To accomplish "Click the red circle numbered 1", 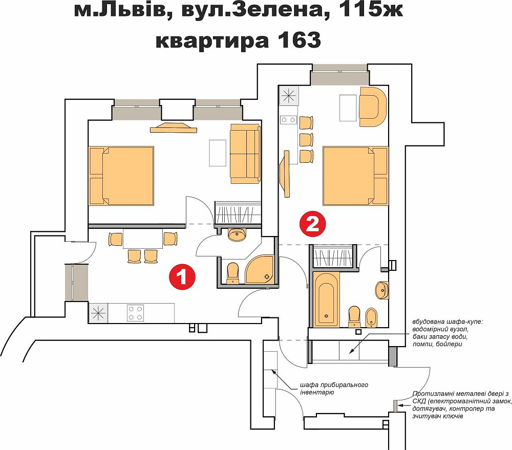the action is [x=182, y=277].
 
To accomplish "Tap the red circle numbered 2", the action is [x=312, y=224].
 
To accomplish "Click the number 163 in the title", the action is [x=300, y=40].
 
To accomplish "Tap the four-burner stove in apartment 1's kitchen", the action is [x=136, y=313].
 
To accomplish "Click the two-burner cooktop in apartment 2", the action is [x=289, y=120].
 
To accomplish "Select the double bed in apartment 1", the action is [x=121, y=176].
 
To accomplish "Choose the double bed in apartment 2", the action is [x=355, y=176].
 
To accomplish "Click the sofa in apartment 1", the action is [x=245, y=154].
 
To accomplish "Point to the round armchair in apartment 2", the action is [x=373, y=106].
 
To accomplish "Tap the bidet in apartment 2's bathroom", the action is [x=371, y=317].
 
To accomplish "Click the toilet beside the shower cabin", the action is [x=233, y=273].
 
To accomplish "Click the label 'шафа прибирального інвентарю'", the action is [x=334, y=388].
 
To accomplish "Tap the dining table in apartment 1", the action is [x=143, y=239].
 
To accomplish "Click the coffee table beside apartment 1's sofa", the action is [x=218, y=153].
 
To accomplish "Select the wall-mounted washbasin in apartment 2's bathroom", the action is [x=382, y=290].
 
